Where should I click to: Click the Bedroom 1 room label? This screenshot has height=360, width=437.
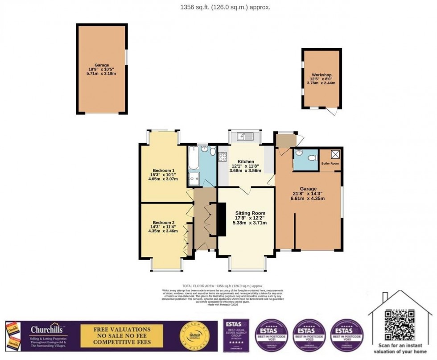click(163, 170)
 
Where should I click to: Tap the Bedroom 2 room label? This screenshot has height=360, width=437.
click(163, 223)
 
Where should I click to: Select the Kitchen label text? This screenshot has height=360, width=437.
click(246, 161)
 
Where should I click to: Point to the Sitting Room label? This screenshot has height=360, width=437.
click(250, 213)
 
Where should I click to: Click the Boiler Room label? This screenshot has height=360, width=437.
click(330, 164)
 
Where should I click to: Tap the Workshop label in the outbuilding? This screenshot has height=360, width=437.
click(322, 74)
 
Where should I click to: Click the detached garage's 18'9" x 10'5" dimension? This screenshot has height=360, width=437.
click(102, 69)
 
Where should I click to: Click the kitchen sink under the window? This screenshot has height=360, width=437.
click(245, 136)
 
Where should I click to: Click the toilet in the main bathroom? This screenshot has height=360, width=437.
click(212, 151)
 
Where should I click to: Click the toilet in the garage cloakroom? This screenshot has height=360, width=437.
click(312, 157)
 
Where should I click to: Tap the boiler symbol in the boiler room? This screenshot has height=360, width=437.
click(335, 154)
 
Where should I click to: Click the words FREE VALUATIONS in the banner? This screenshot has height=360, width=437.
click(121, 330)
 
